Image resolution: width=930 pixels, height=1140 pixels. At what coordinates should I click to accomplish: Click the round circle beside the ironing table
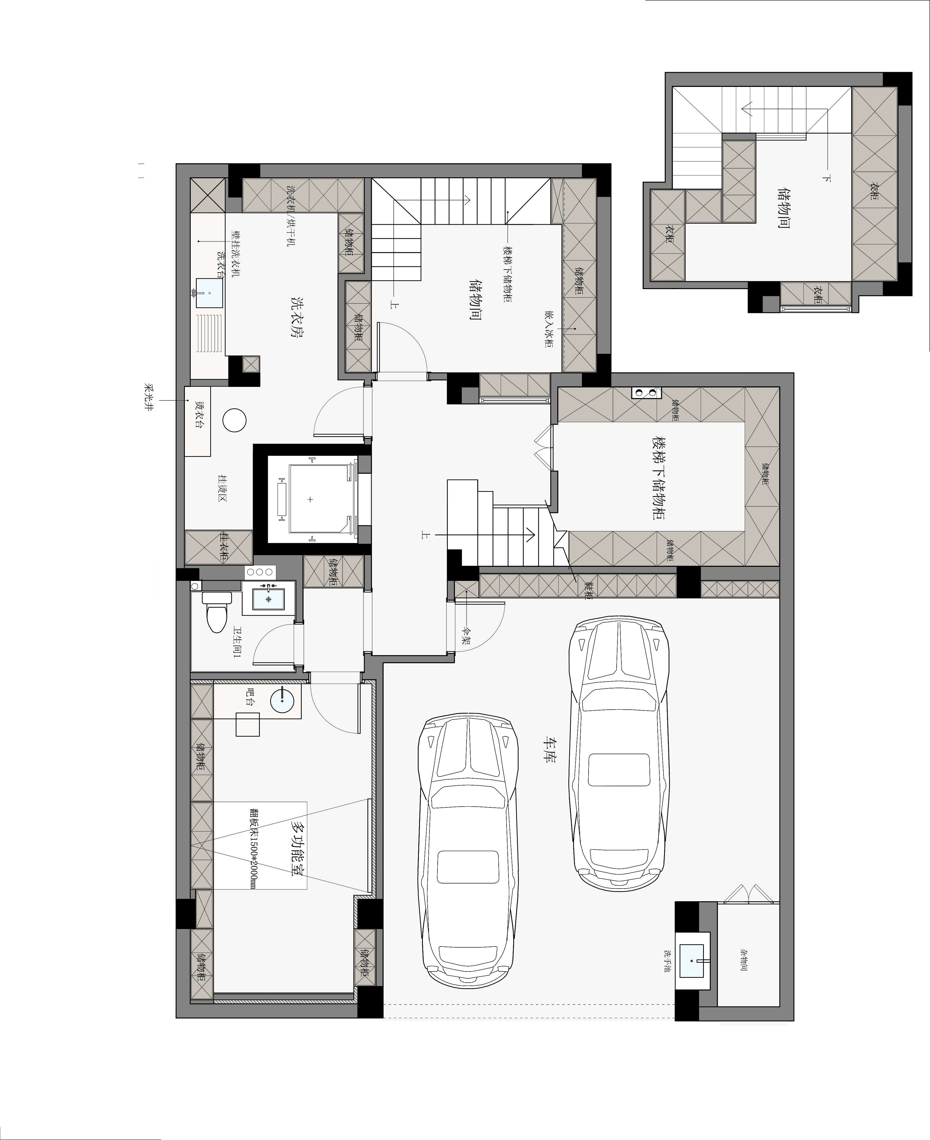click(x=234, y=420)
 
